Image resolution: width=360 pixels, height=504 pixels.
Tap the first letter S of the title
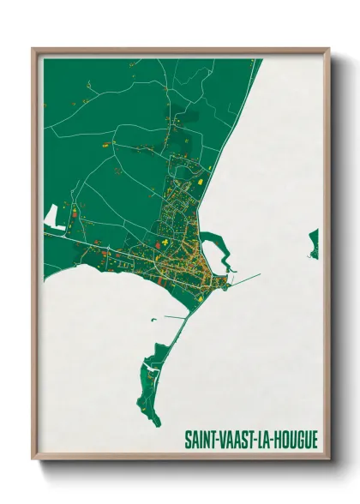click(187, 440)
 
